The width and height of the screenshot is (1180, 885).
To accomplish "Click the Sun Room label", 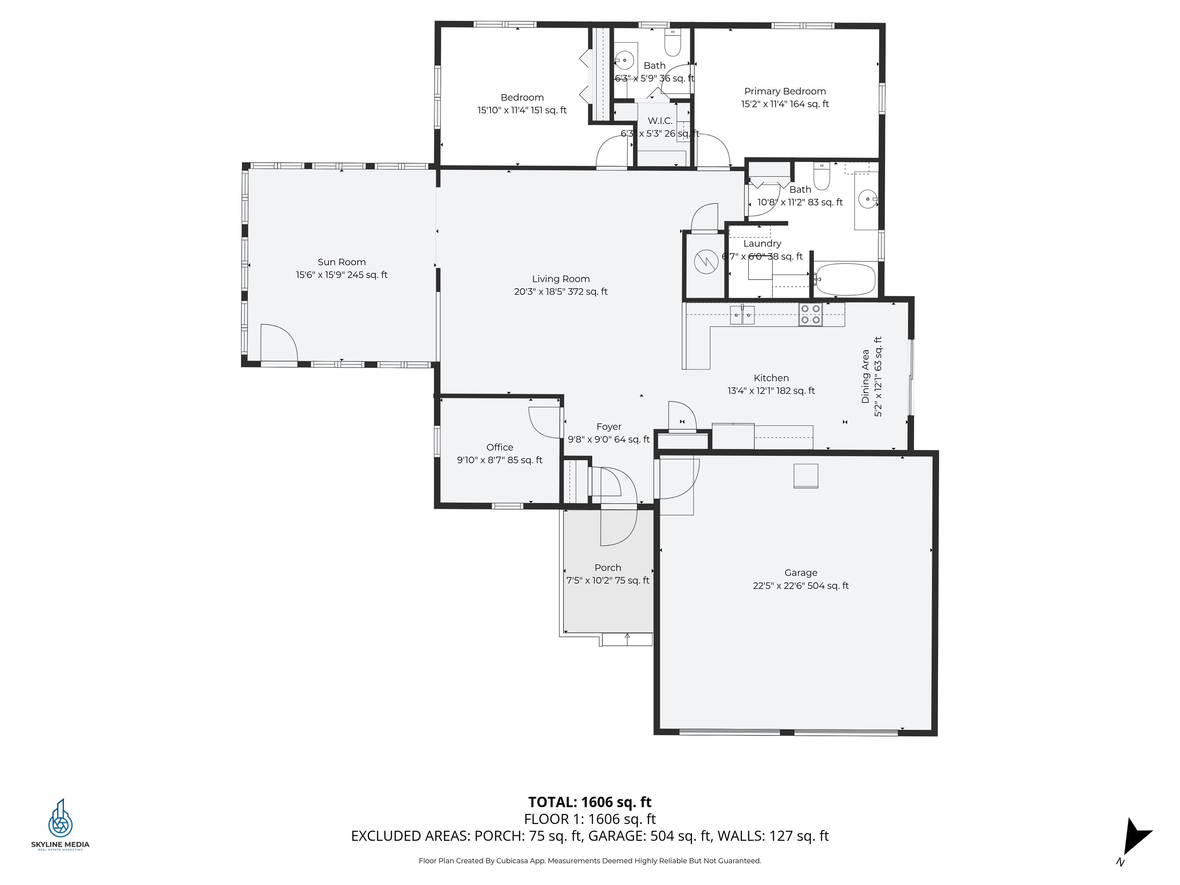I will [341, 262].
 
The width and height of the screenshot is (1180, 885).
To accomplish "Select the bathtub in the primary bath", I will [845, 279].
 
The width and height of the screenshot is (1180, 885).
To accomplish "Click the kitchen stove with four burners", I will [810, 314].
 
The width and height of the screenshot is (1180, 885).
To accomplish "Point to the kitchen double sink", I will [742, 315].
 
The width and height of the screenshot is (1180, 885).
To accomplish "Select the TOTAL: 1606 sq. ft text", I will [590, 802].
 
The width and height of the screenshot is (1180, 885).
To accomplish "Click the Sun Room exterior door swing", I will [278, 343].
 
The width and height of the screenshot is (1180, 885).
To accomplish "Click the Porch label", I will [608, 568].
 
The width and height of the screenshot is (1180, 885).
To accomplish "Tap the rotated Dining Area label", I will [865, 376].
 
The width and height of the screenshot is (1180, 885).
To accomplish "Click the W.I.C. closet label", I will [660, 121].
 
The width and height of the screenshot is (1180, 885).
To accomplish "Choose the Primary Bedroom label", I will [785, 91].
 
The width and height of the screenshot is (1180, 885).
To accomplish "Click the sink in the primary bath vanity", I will [867, 199].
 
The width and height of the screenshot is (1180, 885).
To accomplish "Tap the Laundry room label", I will [762, 243].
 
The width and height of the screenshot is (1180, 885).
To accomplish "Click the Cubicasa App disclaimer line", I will [590, 860].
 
